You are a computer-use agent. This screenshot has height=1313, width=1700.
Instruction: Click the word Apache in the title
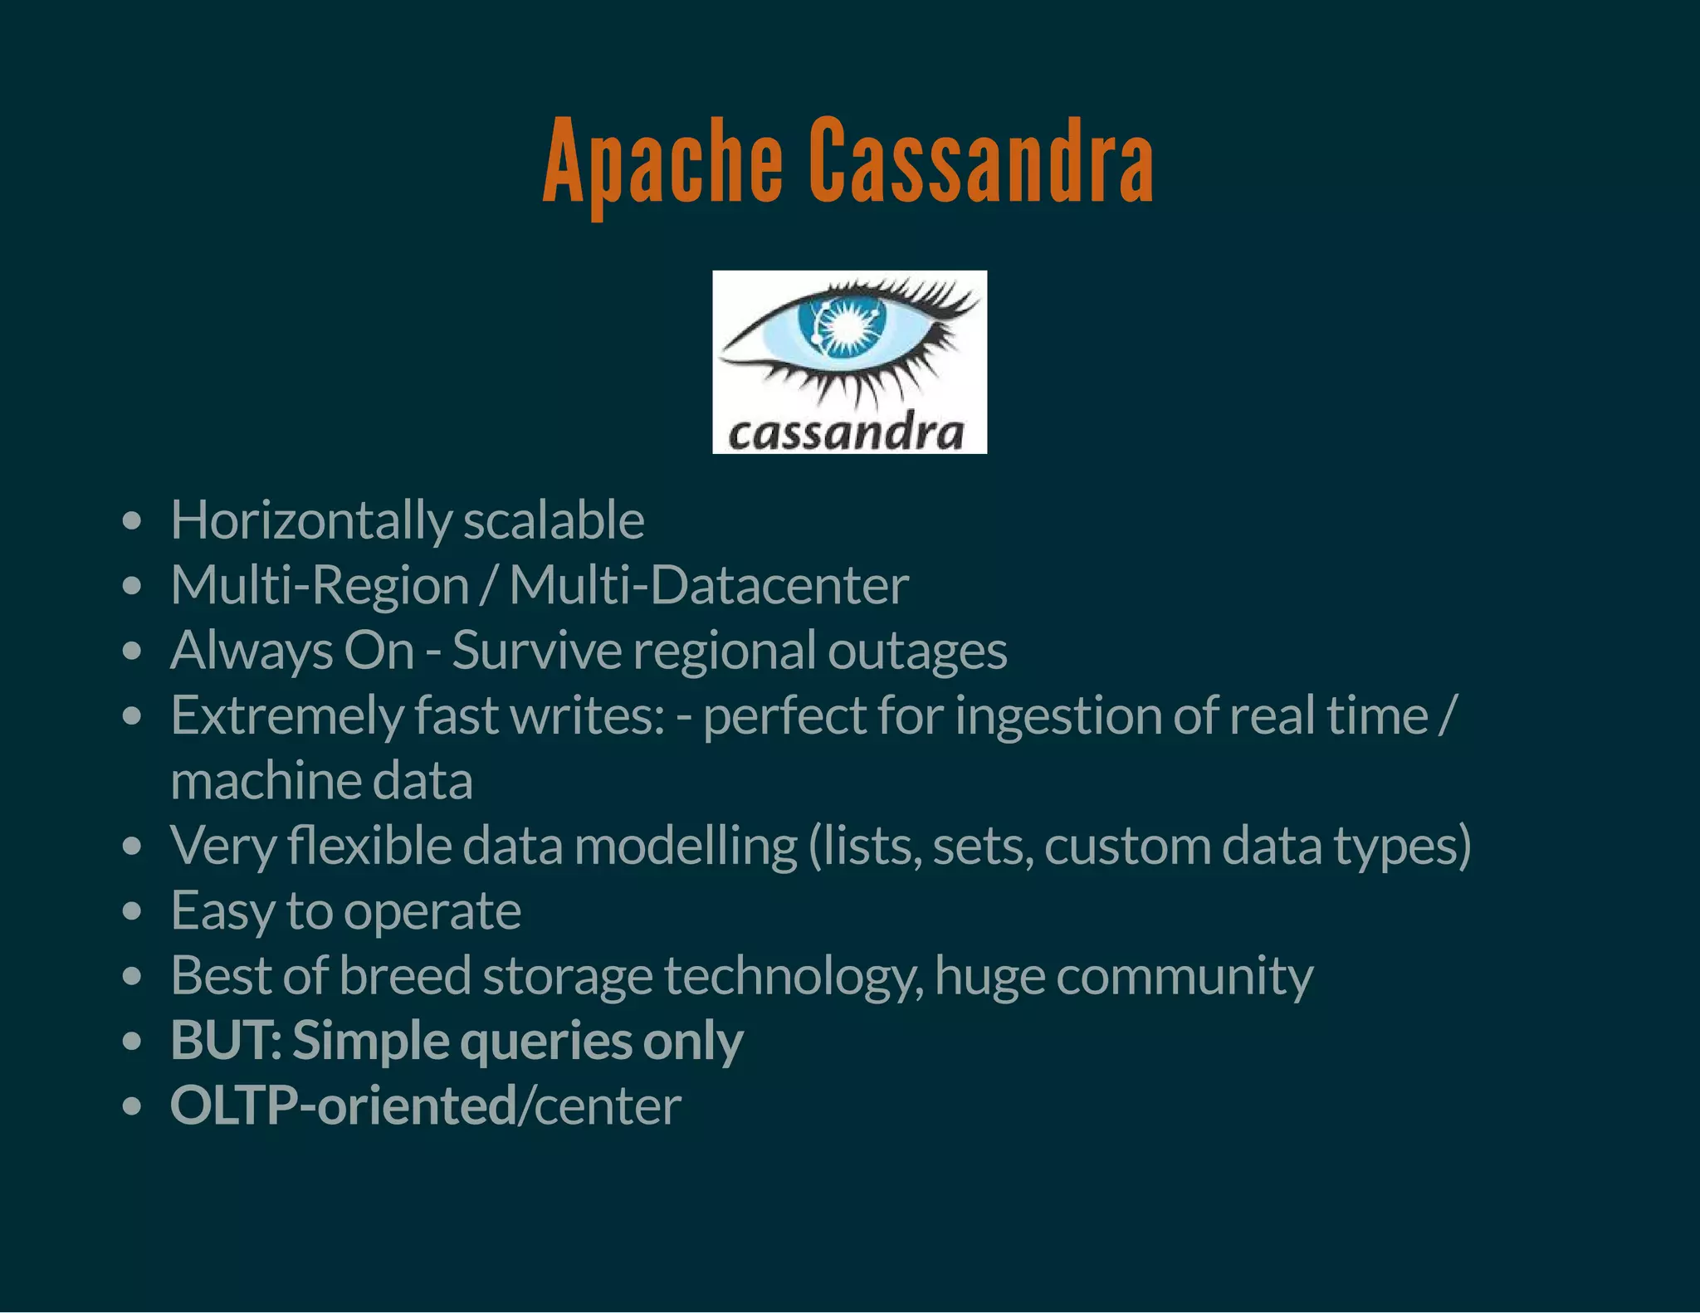tap(662, 162)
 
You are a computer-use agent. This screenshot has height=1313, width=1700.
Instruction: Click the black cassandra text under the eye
tap(847, 432)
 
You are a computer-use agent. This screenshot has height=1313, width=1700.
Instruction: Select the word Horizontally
tap(310, 521)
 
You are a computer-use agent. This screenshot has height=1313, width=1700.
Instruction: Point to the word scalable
tap(554, 521)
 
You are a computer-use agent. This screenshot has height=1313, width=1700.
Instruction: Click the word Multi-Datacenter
tap(709, 586)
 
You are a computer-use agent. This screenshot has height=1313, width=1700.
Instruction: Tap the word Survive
tap(537, 650)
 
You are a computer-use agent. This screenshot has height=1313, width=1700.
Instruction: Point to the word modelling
tap(686, 847)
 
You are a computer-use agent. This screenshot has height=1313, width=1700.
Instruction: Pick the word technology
tap(794, 977)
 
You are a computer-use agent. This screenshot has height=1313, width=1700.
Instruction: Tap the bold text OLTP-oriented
tap(343, 1106)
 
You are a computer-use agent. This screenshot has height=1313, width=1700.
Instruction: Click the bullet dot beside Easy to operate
tap(131, 912)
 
